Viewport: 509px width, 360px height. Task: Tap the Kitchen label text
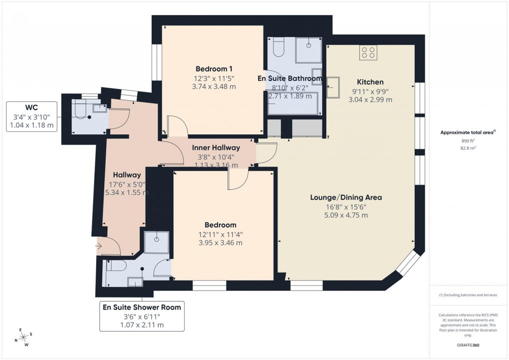click(370, 82)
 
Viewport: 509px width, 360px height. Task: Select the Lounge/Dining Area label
click(346, 197)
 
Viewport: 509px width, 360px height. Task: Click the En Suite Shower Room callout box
click(142, 316)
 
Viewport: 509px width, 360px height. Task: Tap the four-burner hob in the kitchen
click(369, 52)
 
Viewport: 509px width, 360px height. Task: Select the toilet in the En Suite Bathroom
click(278, 49)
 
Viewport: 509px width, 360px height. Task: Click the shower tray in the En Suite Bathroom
click(308, 50)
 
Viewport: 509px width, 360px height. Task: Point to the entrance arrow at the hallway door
click(99, 246)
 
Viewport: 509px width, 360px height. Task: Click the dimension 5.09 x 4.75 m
click(346, 215)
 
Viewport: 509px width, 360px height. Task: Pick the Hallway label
click(127, 175)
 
